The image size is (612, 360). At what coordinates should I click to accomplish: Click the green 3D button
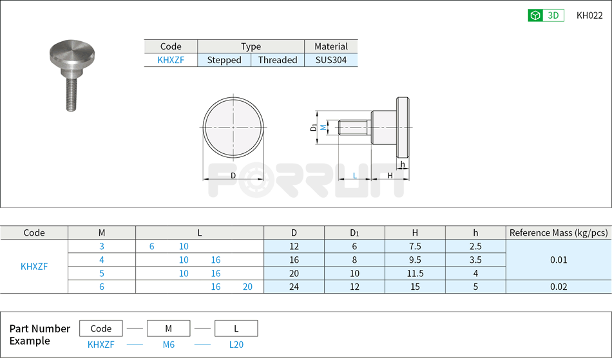pyautogui.click(x=545, y=15)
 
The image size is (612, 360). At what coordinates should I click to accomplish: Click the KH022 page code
pyautogui.click(x=589, y=15)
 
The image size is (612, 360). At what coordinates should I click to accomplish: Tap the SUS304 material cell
pyautogui.click(x=331, y=60)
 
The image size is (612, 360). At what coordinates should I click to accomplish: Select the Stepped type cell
pyautogui.click(x=224, y=60)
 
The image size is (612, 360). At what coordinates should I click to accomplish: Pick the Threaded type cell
pyautogui.click(x=278, y=60)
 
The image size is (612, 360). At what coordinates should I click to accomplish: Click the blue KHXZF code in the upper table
pyautogui.click(x=170, y=60)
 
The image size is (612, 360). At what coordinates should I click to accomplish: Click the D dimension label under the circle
pyautogui.click(x=233, y=175)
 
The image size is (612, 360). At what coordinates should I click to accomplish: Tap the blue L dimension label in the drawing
pyautogui.click(x=354, y=175)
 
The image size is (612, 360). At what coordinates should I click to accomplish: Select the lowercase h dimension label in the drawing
pyautogui.click(x=402, y=164)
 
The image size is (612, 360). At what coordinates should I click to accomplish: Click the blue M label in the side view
pyautogui.click(x=323, y=128)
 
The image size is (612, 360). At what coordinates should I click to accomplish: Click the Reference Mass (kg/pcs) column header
pyautogui.click(x=558, y=232)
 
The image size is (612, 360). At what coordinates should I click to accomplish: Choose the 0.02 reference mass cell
pyautogui.click(x=558, y=287)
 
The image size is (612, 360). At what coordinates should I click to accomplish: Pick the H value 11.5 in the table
pyautogui.click(x=415, y=273)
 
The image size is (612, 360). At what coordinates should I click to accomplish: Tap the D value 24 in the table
pyautogui.click(x=294, y=287)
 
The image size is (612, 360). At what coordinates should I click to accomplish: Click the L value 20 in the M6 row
pyautogui.click(x=247, y=287)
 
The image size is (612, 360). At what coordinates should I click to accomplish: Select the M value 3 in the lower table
pyautogui.click(x=101, y=246)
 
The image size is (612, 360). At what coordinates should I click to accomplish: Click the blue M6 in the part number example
pyautogui.click(x=168, y=345)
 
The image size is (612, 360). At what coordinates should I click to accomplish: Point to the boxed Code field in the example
pyautogui.click(x=101, y=328)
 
